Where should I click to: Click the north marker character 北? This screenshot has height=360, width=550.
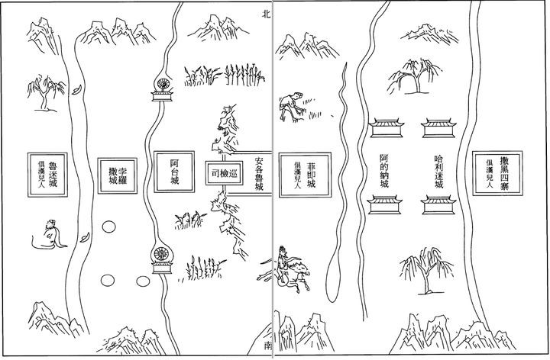[x=265, y=13]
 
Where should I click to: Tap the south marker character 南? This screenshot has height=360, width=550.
[x=267, y=346]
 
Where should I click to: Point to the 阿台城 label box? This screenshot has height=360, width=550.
[x=174, y=175]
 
